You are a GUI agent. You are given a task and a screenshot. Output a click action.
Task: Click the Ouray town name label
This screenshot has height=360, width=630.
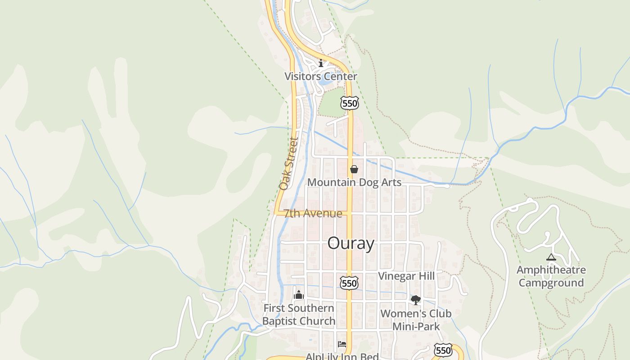(351, 243)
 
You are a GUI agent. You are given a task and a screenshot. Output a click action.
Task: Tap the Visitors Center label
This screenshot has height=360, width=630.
(320, 76)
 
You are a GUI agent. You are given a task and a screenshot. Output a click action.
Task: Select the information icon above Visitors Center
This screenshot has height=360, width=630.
(321, 63)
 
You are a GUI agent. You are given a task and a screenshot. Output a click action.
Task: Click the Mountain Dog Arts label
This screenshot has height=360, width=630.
(354, 182)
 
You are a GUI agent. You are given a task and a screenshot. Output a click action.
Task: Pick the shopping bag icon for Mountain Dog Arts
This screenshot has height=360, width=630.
(354, 169)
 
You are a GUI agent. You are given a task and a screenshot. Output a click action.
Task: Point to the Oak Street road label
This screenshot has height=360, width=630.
(289, 163)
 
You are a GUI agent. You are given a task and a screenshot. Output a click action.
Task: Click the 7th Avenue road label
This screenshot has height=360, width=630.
(313, 213)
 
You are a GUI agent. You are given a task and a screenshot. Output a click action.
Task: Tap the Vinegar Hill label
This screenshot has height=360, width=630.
(406, 276)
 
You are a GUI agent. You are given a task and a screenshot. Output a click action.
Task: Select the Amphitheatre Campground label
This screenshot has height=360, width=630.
(551, 276)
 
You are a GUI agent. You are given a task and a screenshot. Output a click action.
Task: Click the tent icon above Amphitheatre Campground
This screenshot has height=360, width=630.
(551, 257)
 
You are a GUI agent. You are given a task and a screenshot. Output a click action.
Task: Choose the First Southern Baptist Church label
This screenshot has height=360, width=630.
(299, 315)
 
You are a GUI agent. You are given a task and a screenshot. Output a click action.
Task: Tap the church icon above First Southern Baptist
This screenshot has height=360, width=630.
(298, 295)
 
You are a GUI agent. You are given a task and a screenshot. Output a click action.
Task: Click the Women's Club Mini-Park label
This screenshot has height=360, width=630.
(416, 319)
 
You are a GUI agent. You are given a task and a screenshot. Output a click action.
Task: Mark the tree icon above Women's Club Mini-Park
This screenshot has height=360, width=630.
(415, 300)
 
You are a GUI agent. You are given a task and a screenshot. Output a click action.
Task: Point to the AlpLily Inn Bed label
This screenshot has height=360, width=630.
(342, 356)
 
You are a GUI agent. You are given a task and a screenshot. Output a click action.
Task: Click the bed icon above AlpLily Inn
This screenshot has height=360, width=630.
(342, 345)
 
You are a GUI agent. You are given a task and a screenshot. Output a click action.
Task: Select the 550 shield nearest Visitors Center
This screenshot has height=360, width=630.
(349, 103)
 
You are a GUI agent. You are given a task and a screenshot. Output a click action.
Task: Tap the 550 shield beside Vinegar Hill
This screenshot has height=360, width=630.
(349, 283)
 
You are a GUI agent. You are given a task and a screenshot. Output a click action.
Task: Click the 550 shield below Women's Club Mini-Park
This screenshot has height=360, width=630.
(443, 350)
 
